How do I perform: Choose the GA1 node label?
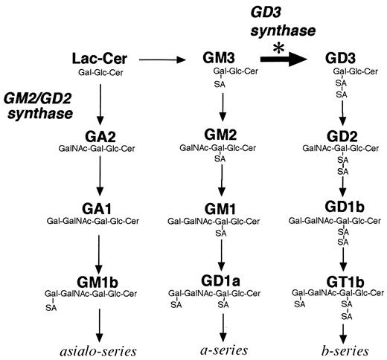(x=99, y=208)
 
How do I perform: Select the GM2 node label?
(x=220, y=135)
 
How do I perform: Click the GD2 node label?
(x=342, y=135)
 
